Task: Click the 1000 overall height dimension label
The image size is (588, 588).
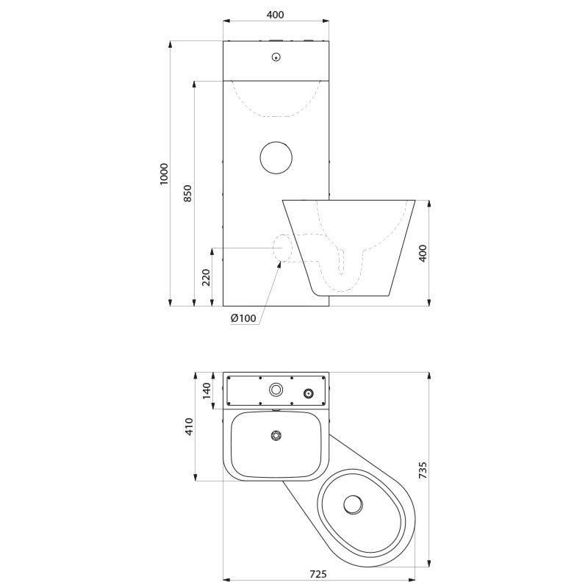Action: point(165,173)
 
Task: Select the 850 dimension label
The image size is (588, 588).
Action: point(188,193)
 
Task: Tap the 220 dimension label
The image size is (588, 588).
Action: point(207,277)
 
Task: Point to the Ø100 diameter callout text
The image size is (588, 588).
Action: point(243,318)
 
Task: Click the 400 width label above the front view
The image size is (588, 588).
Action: point(275,15)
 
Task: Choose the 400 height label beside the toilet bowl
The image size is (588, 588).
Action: point(423,253)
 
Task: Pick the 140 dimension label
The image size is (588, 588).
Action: point(207,390)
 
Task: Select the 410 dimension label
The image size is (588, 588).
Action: point(189,427)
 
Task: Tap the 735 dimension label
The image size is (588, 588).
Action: point(423,470)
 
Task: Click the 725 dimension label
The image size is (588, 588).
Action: point(318,574)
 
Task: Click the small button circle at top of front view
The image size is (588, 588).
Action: point(276,57)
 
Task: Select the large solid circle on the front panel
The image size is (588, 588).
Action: point(276,157)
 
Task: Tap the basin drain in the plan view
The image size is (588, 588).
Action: point(276,436)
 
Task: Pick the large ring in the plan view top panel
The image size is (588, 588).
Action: point(276,390)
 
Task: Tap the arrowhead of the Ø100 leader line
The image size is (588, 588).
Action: point(279,265)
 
